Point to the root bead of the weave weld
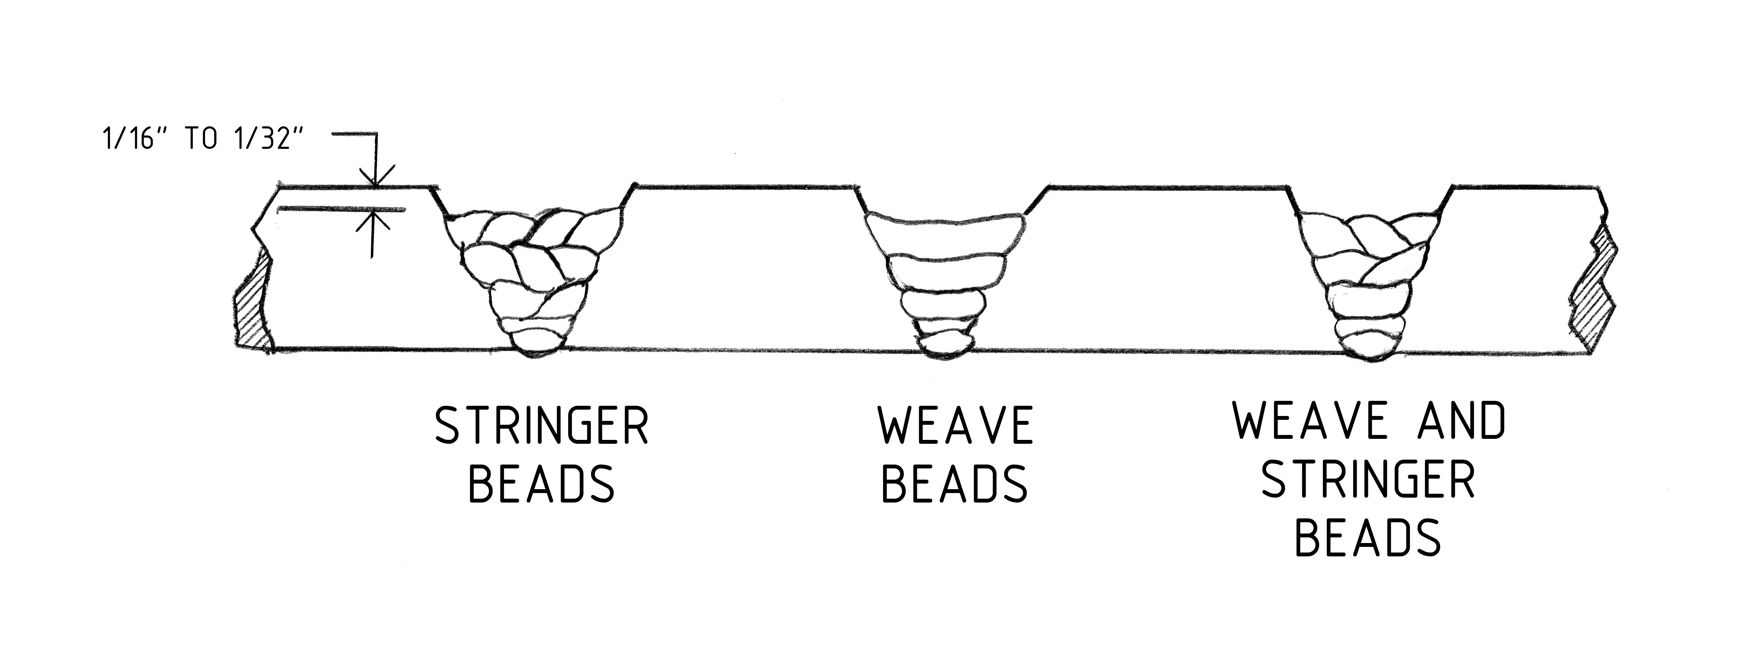click(x=945, y=346)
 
